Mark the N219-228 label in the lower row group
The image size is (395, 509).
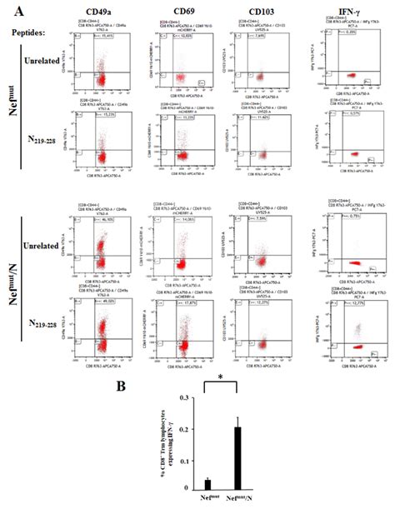(x=48, y=327)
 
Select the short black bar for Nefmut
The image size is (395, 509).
(x=207, y=482)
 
